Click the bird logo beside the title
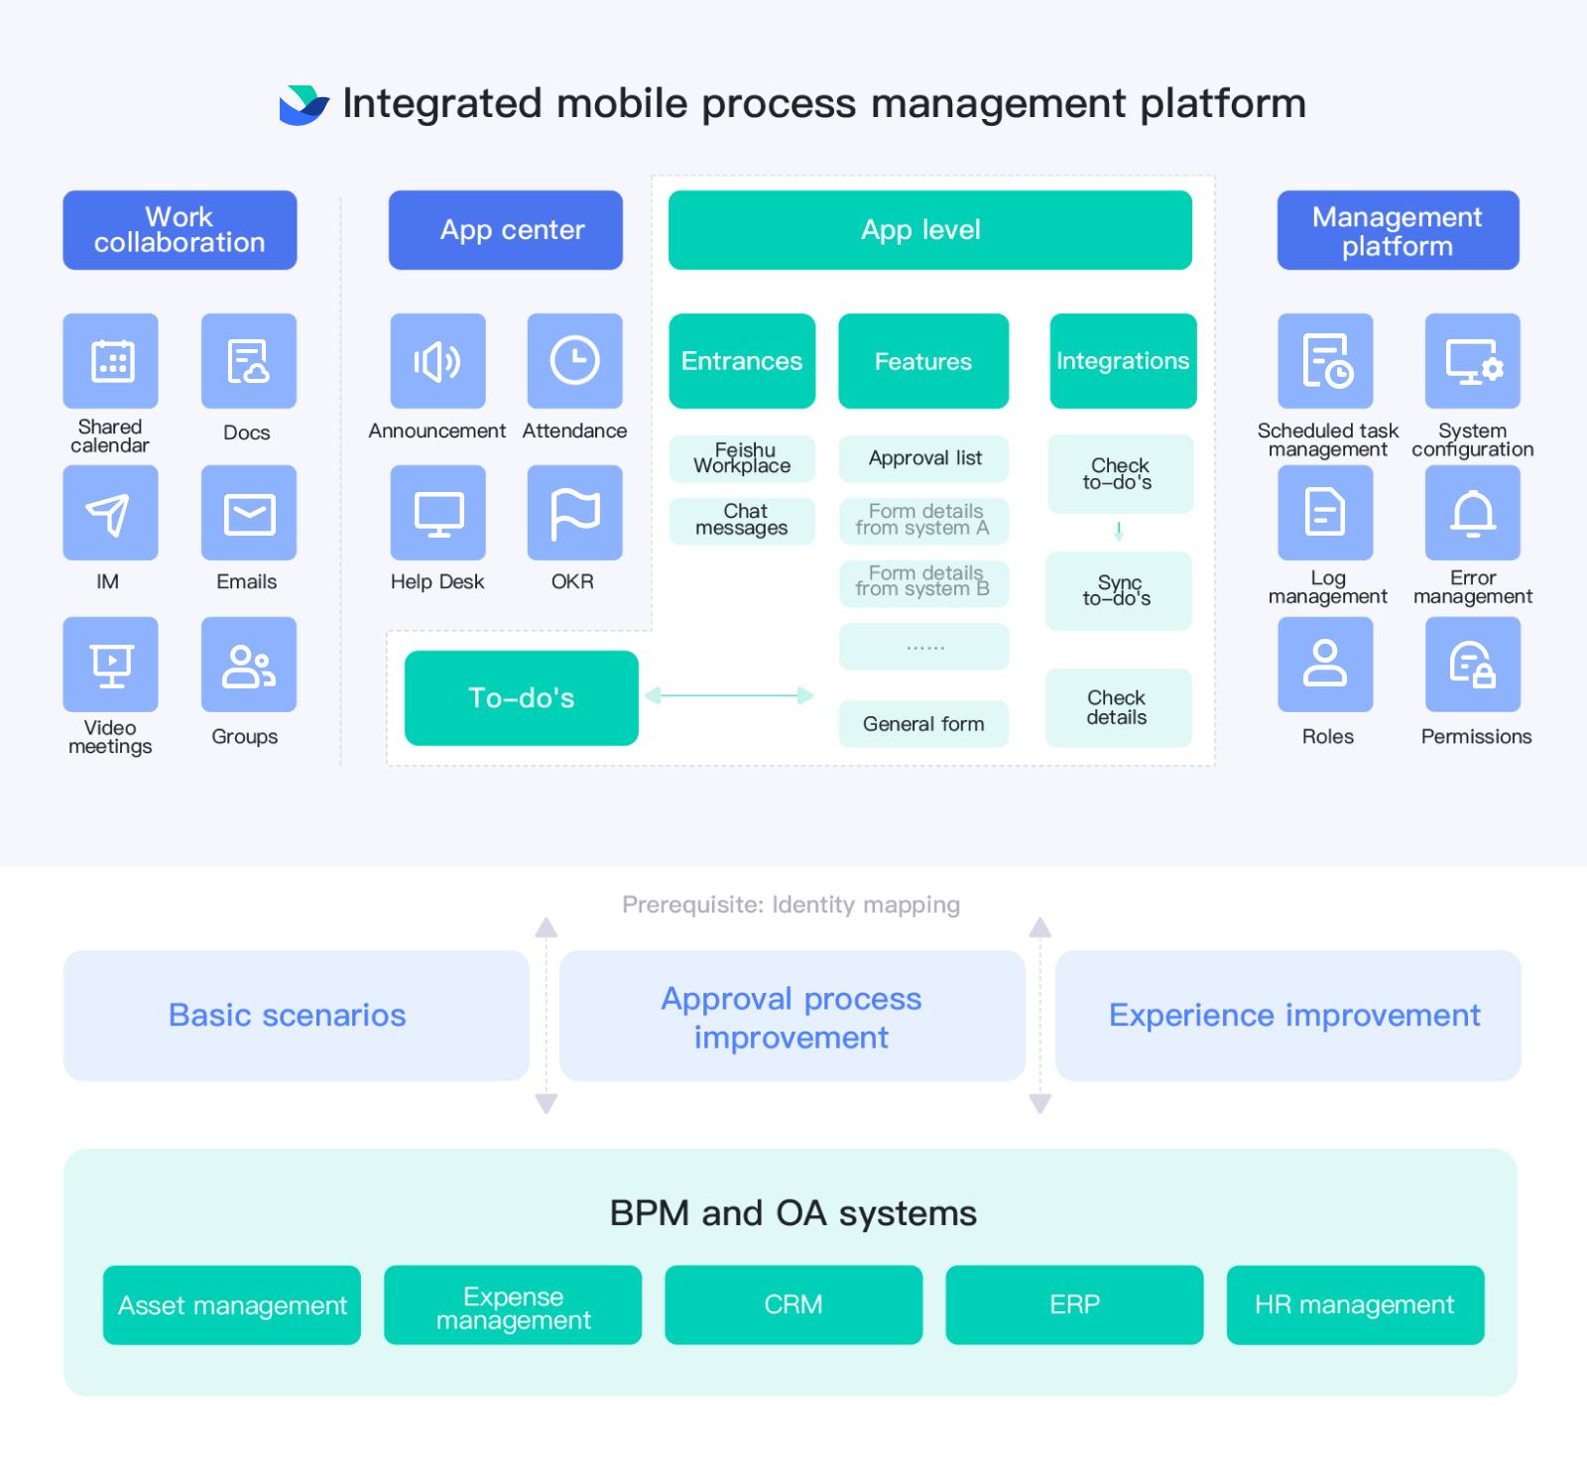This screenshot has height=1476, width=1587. [304, 105]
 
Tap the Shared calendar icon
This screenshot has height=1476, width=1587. [110, 361]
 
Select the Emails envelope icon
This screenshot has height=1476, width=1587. [249, 513]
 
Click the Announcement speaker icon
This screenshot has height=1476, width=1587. [437, 361]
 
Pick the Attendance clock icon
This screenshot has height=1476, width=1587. [574, 361]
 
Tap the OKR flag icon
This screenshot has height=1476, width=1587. [574, 513]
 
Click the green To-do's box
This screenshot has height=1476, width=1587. [522, 698]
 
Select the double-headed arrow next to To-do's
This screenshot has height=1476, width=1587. [729, 696]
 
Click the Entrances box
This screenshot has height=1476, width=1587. [742, 361]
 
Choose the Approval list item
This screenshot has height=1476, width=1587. [924, 458]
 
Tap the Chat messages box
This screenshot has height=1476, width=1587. [742, 520]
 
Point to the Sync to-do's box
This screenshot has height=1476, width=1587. [1118, 591]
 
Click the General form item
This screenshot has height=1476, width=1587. [923, 724]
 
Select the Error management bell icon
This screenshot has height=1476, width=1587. [1473, 513]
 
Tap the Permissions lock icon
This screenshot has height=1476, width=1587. [1473, 665]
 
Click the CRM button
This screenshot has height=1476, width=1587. [793, 1304]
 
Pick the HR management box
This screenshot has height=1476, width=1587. [1355, 1304]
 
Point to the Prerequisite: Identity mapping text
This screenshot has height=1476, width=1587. [791, 905]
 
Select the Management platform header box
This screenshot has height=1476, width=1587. [1398, 230]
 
